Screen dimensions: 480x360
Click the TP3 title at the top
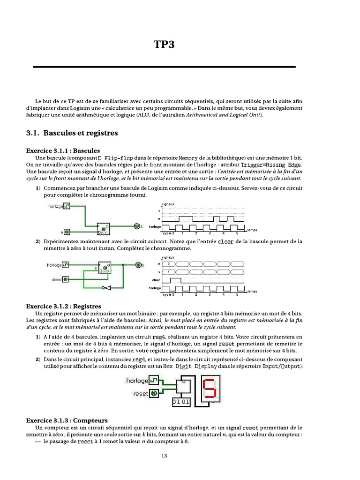[164, 45]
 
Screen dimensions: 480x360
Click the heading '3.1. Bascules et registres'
[72, 133]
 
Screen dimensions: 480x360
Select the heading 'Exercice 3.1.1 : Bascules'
[63, 151]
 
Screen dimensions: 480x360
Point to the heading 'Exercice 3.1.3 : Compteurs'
[67, 420]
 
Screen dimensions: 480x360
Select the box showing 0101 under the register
[182, 402]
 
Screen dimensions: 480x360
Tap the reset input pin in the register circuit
[154, 394]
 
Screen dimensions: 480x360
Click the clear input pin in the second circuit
[66, 279]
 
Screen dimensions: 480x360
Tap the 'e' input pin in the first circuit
[67, 232]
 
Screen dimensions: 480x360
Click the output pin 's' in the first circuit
[137, 226]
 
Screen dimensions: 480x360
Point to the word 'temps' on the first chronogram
[252, 230]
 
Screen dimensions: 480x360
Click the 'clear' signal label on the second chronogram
[157, 280]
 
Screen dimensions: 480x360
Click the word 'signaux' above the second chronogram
[168, 257]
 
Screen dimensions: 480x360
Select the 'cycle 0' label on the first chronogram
[168, 233]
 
